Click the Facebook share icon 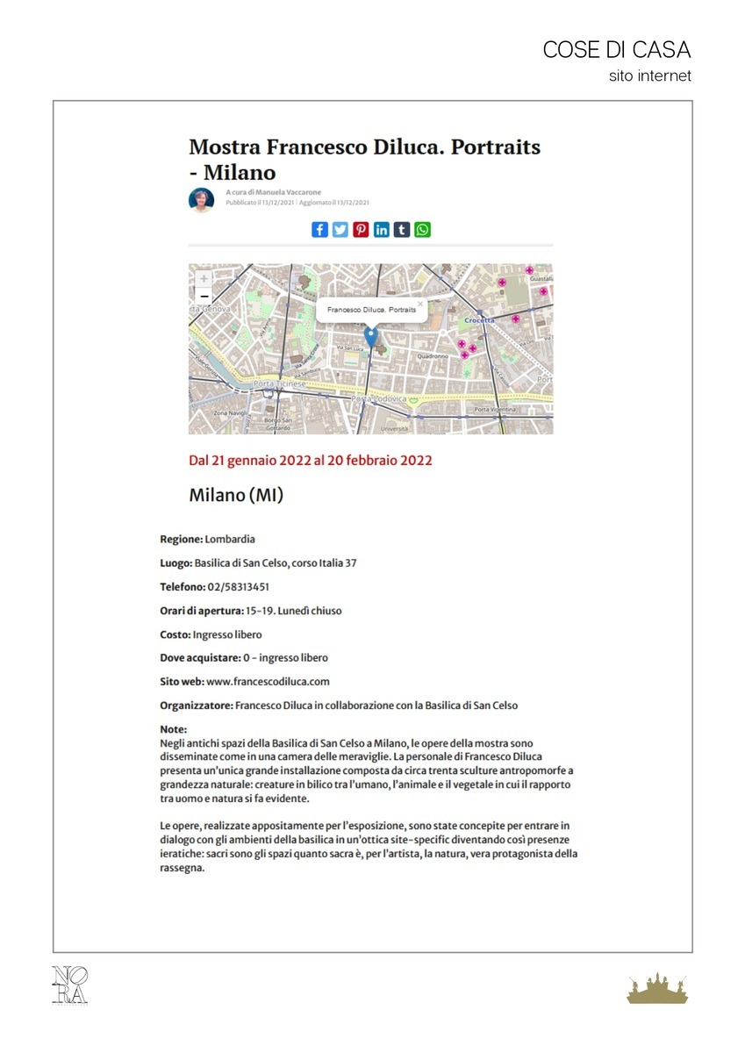click(319, 230)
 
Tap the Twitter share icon click(340, 230)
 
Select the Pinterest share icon click(361, 230)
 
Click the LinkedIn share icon click(382, 230)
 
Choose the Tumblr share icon click(402, 230)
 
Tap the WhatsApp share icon click(423, 230)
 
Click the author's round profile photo click(202, 200)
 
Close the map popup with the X click(420, 304)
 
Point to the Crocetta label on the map click(480, 321)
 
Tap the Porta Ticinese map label click(279, 384)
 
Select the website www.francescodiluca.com click(268, 681)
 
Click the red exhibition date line click(311, 460)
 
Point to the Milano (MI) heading click(236, 496)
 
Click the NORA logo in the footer click(70, 985)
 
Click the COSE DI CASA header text click(617, 50)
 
